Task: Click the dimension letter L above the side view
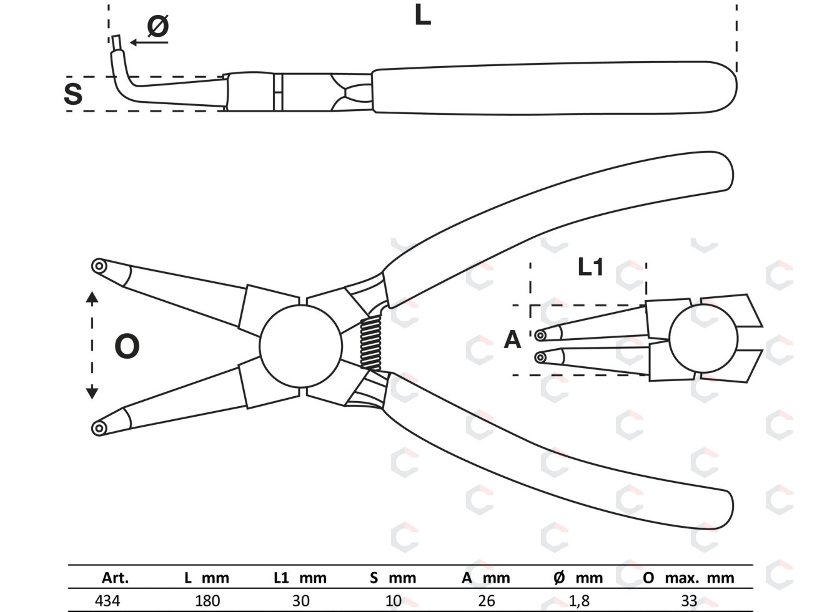tap(422, 16)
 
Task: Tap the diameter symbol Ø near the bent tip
tap(158, 26)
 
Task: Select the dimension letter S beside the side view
tap(73, 94)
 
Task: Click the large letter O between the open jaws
tap(127, 346)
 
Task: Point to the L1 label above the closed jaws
tap(590, 266)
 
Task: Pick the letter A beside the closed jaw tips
tap(512, 339)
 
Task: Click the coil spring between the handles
tap(370, 343)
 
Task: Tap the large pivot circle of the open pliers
tap(300, 346)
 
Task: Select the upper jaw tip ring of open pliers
tap(99, 266)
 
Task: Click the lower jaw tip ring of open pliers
tap(99, 428)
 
